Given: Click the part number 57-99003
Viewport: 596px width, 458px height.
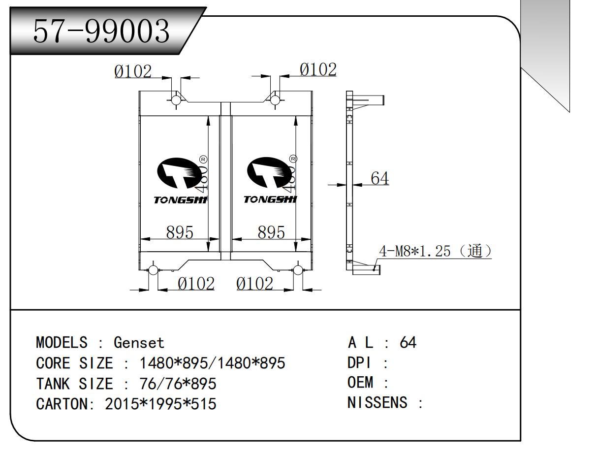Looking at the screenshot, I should point(101,32).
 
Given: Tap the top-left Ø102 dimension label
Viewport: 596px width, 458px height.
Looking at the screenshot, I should point(133,72).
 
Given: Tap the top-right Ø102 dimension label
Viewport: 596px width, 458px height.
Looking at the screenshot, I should point(318,70).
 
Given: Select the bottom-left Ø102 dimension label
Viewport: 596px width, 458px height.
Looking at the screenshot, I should point(196,284).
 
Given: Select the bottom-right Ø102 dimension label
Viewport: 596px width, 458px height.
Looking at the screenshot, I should point(254,284).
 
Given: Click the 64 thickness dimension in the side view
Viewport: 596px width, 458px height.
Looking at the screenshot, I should point(379,178).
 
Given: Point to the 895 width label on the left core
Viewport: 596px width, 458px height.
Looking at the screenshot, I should point(179,232).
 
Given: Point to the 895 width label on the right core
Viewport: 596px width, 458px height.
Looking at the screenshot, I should point(271,232).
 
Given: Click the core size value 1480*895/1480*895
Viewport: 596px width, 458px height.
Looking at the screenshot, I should point(213,363).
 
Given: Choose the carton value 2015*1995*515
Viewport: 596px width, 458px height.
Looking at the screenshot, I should point(161,404).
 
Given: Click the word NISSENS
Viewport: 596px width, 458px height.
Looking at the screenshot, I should point(377,403).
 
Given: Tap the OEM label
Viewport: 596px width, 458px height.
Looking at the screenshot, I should point(361,383).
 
